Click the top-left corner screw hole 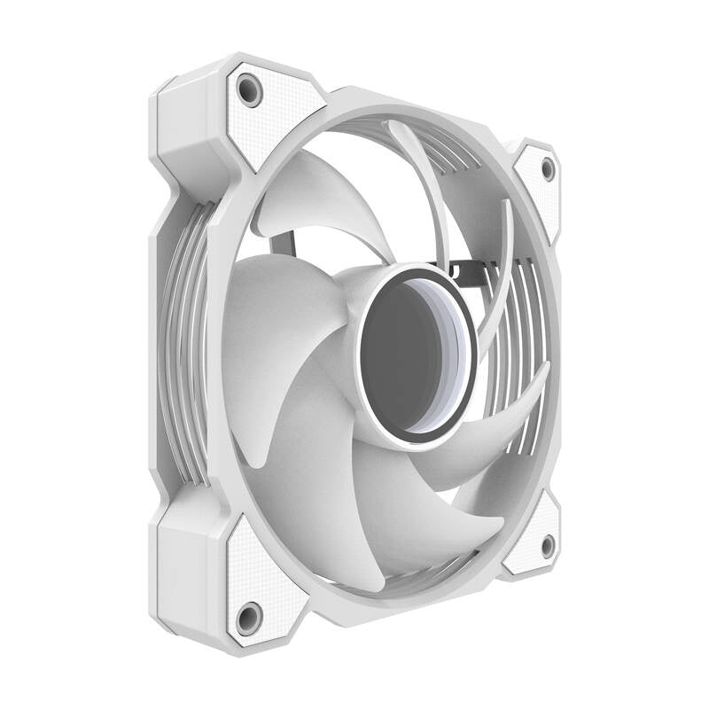[250, 90]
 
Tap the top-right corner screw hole [547, 167]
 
